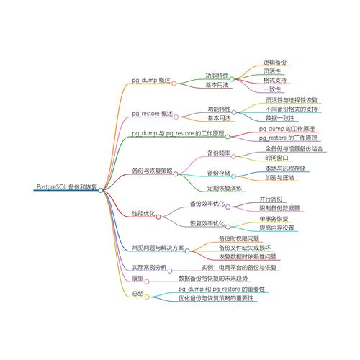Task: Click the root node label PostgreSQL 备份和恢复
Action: click(67, 186)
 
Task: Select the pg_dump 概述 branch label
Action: click(151, 80)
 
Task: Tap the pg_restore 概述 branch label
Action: click(152, 113)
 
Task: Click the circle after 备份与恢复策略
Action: click(176, 174)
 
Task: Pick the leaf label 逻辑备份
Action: click(275, 62)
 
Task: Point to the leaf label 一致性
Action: click(272, 89)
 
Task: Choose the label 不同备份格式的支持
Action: click(292, 109)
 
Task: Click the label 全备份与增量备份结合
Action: click(294, 148)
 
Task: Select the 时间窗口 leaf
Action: click(276, 158)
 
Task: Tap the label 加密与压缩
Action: click(279, 177)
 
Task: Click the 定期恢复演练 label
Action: click(225, 189)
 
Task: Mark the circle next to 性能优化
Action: click(158, 217)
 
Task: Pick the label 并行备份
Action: click(271, 199)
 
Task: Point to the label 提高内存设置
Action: click(276, 228)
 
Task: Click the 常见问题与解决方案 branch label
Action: click(158, 248)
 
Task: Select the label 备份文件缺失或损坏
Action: click(245, 248)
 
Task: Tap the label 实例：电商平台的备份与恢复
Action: click(239, 268)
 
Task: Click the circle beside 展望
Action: click(147, 282)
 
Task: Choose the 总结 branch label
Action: click(138, 294)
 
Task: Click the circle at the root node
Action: click(100, 190)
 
